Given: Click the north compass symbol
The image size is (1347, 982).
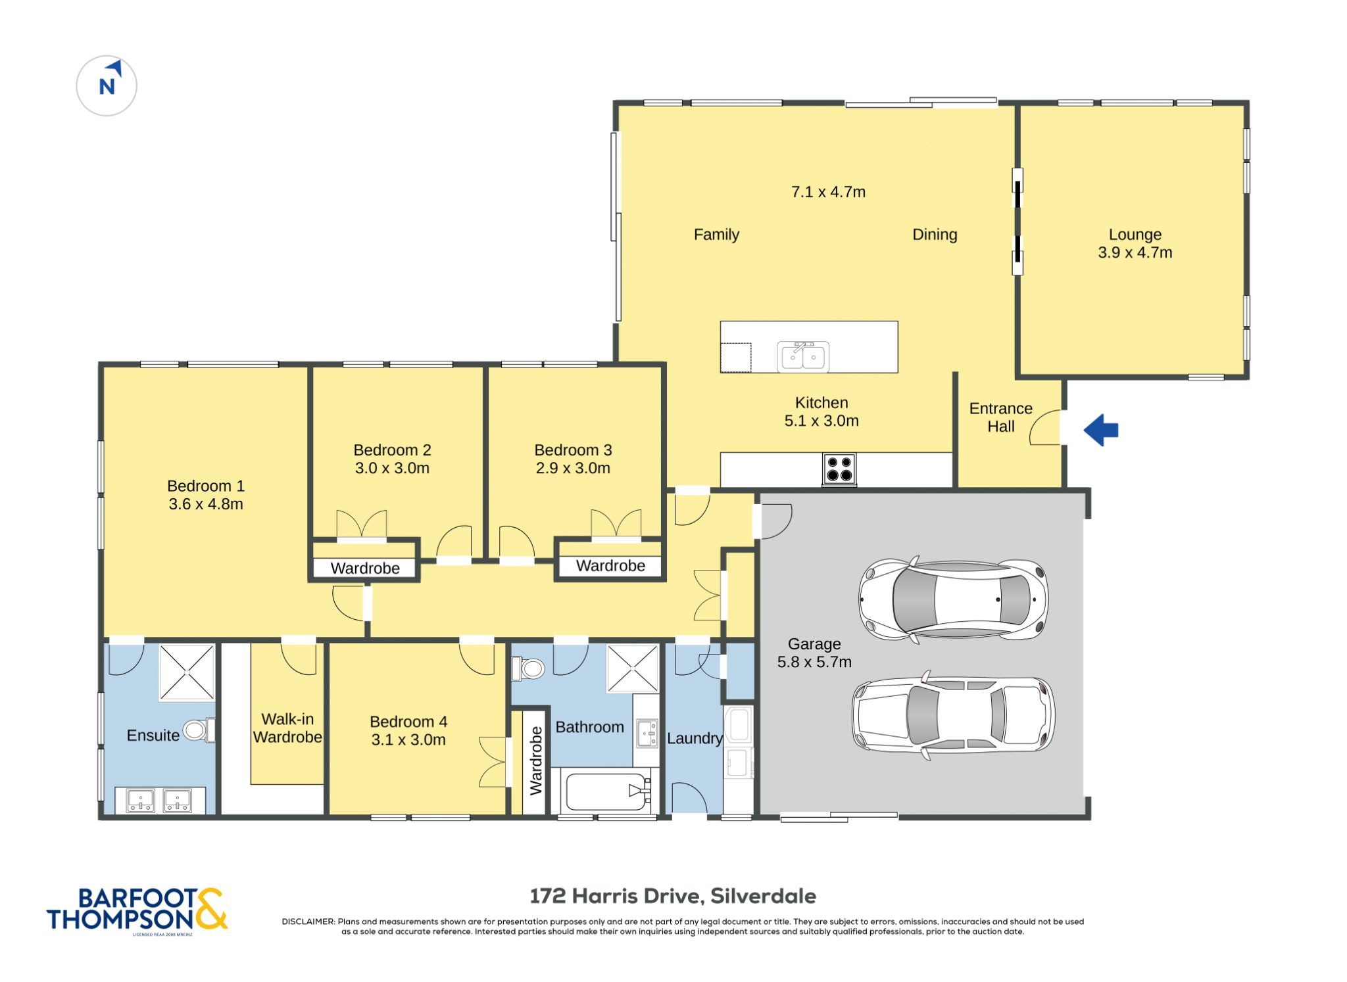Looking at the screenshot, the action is (x=107, y=86).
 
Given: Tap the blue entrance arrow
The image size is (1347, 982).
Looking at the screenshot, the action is (x=1101, y=431).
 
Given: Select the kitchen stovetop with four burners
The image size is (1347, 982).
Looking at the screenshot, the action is (x=839, y=469).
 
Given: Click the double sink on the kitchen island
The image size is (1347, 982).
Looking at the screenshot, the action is (x=803, y=357).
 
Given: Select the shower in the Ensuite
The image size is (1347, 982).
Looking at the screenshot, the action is (x=187, y=672).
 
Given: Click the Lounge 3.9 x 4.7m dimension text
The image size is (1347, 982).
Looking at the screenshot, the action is (x=1135, y=252).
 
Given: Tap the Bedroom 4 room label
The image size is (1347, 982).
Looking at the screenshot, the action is (x=408, y=722).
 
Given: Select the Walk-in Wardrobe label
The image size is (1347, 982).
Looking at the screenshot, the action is (x=287, y=728).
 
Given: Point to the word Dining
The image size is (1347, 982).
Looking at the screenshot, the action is (x=935, y=235).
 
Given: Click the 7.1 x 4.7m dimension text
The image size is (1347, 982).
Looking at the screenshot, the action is (x=828, y=192).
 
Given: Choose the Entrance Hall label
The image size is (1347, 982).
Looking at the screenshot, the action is (x=1000, y=417).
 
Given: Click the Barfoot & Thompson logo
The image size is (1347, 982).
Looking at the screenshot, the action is (x=137, y=910).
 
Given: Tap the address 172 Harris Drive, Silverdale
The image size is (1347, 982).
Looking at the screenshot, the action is (x=673, y=896).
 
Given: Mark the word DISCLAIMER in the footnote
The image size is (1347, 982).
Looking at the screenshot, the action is (x=308, y=922).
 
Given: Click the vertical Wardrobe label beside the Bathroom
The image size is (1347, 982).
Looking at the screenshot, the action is (x=536, y=760).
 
